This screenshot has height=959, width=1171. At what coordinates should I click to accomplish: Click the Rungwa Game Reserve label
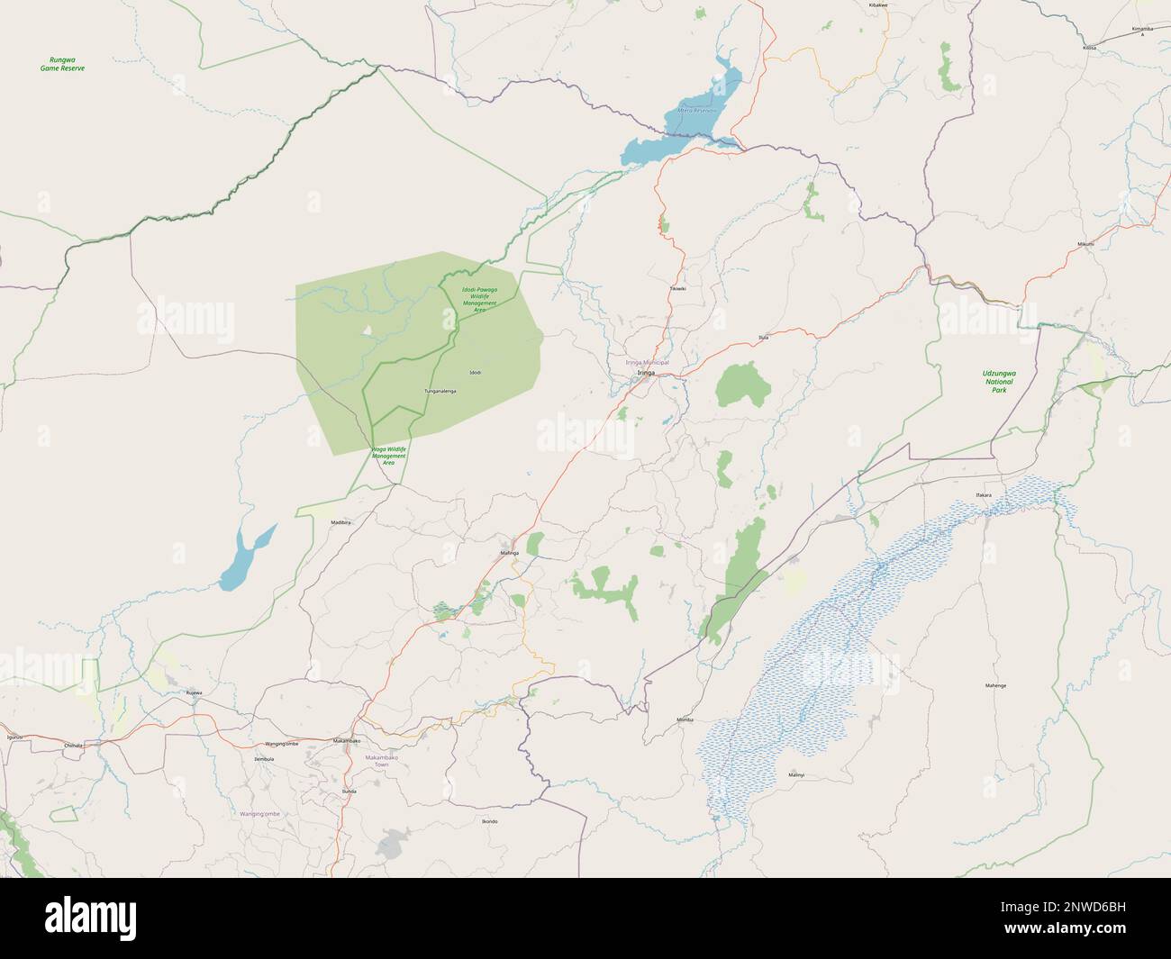[x=62, y=64]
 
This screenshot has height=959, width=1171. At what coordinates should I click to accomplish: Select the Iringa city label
[x=646, y=372]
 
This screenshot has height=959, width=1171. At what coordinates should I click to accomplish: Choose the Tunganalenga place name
[x=440, y=391]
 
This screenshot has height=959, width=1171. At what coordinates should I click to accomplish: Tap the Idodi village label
[x=476, y=372]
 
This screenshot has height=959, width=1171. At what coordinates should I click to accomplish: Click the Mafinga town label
[x=509, y=552]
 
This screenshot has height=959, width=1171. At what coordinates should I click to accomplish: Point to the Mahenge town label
[x=994, y=685]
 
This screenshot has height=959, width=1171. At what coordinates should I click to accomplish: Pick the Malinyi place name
[x=795, y=774]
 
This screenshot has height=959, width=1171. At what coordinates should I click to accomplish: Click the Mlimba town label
[x=685, y=720]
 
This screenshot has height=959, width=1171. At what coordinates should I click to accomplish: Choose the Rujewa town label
[x=193, y=692]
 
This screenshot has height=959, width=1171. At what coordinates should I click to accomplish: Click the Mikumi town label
[x=1087, y=244]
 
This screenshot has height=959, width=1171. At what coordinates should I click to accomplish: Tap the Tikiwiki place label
[x=678, y=288]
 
